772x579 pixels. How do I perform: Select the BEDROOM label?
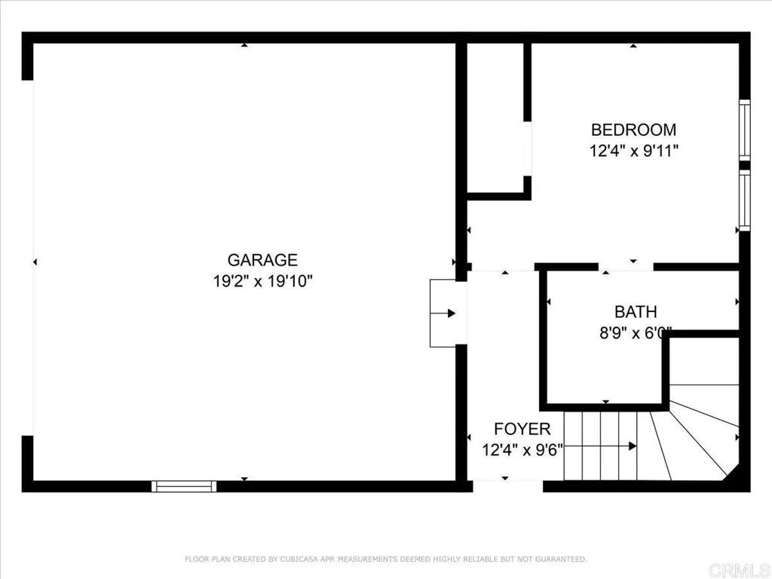pos(633,129)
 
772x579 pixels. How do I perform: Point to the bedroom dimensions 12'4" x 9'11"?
pos(633,150)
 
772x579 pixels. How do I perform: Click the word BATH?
pos(636,311)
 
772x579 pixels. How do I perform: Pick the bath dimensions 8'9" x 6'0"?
pos(635,332)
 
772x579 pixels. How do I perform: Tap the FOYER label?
pos(522,429)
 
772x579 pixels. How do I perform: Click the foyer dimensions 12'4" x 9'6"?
pos(522,450)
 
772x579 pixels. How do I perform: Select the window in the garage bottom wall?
pos(184,486)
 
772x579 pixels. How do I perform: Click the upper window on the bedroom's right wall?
pos(744,130)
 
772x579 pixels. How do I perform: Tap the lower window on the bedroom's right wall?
pos(744,199)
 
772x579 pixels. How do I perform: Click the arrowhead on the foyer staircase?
pos(632,446)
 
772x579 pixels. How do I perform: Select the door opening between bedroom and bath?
pos(626,267)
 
